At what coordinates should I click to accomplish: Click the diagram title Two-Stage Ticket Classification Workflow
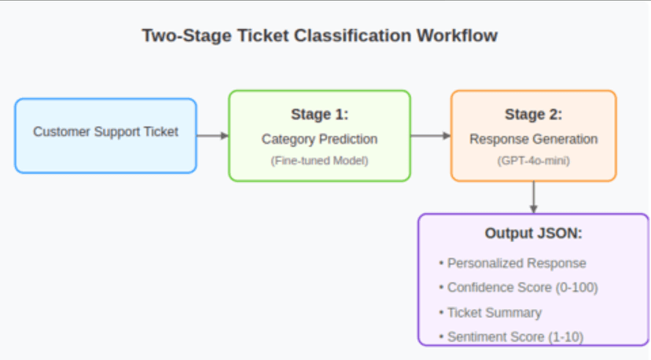point(319,36)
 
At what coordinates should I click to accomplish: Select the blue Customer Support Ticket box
point(105,135)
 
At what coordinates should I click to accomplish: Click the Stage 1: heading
point(319,115)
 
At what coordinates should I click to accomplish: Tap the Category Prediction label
point(319,139)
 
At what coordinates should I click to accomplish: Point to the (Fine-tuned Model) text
point(319,160)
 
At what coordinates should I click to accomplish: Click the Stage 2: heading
point(533,115)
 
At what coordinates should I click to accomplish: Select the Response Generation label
point(533,139)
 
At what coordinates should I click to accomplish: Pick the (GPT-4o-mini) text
point(533,160)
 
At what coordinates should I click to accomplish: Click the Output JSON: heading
point(533,235)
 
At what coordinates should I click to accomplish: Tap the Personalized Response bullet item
point(517,263)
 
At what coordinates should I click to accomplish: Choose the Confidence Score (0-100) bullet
point(522,288)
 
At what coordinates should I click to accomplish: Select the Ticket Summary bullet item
point(494,313)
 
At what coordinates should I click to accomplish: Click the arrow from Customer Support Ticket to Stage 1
point(212,135)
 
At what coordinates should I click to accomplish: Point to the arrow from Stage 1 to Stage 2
point(430,135)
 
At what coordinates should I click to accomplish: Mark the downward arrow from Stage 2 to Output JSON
point(533,197)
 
